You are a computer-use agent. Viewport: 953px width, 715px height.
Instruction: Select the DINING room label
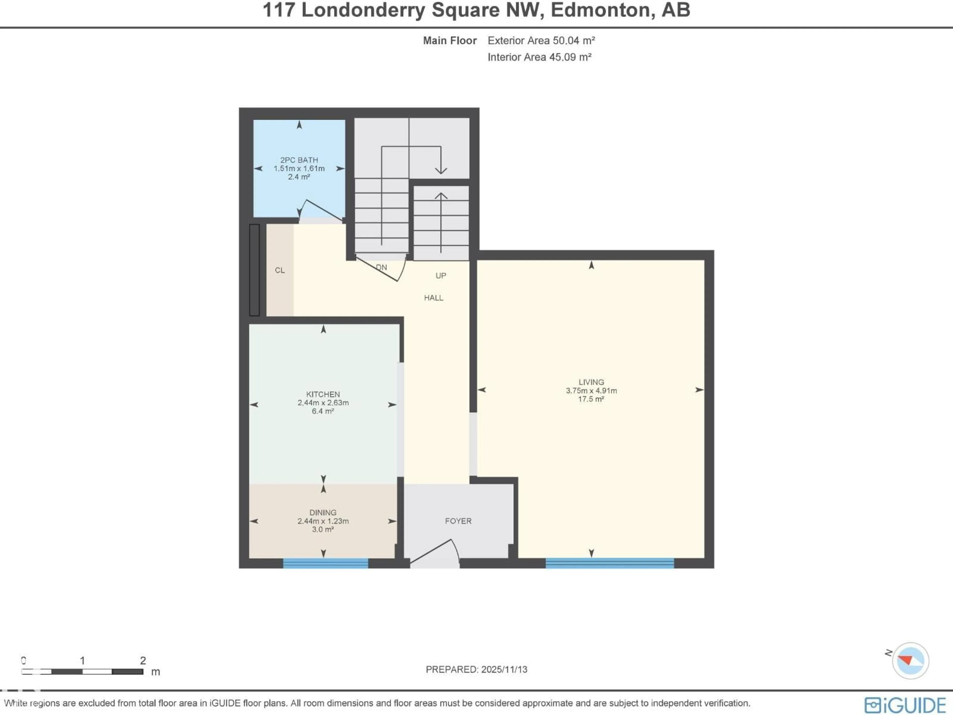pyautogui.click(x=323, y=512)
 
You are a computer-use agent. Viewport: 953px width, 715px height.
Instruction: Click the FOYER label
pyautogui.click(x=458, y=521)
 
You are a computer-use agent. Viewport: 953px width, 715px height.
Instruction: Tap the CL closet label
pyautogui.click(x=280, y=270)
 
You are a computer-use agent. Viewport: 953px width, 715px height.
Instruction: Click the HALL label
pyautogui.click(x=433, y=298)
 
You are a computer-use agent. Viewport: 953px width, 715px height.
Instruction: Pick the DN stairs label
pyautogui.click(x=381, y=267)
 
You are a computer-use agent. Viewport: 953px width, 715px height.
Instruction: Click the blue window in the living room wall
pyautogui.click(x=609, y=563)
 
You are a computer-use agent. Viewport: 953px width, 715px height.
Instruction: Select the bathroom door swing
pyautogui.click(x=321, y=211)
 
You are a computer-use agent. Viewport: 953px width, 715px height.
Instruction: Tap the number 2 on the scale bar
pyautogui.click(x=143, y=660)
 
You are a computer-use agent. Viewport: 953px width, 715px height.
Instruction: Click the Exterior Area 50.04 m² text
pyautogui.click(x=541, y=40)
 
